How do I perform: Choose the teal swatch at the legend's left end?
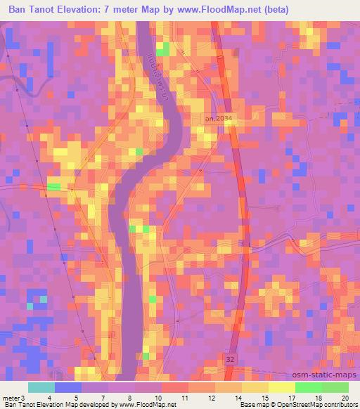pos(41,387)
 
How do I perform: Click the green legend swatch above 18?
pos(308,387)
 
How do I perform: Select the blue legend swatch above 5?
pos(67,387)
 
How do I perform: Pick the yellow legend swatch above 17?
pos(281,387)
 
